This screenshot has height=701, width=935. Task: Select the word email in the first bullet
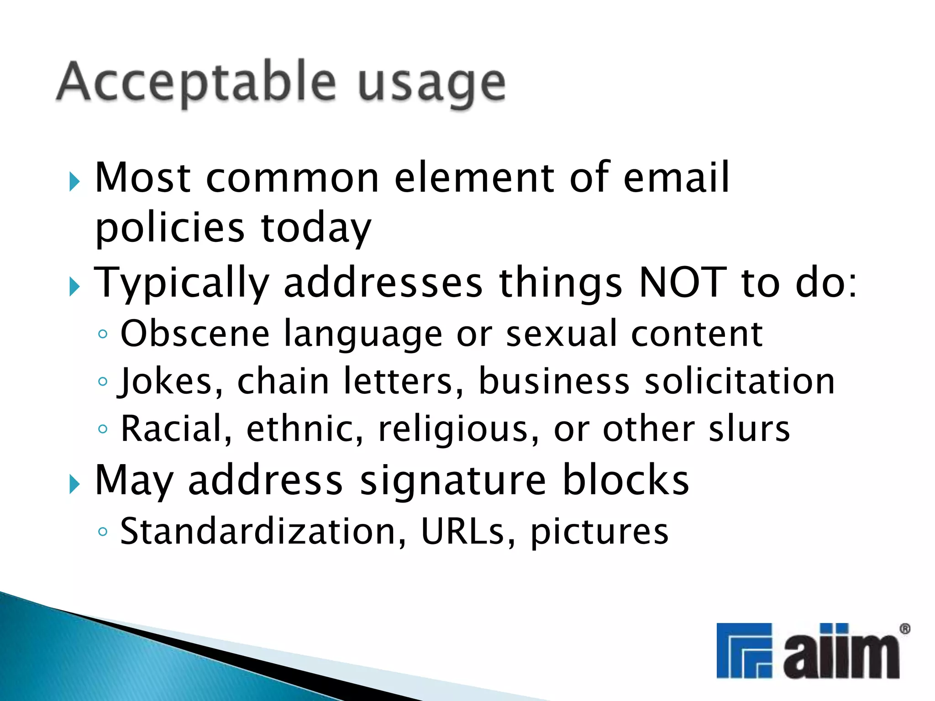click(676, 178)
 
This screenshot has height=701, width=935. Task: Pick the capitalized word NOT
click(683, 282)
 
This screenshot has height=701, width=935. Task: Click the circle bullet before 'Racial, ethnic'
click(103, 429)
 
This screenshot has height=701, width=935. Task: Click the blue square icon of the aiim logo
click(744, 650)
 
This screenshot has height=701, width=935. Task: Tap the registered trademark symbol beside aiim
click(904, 629)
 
